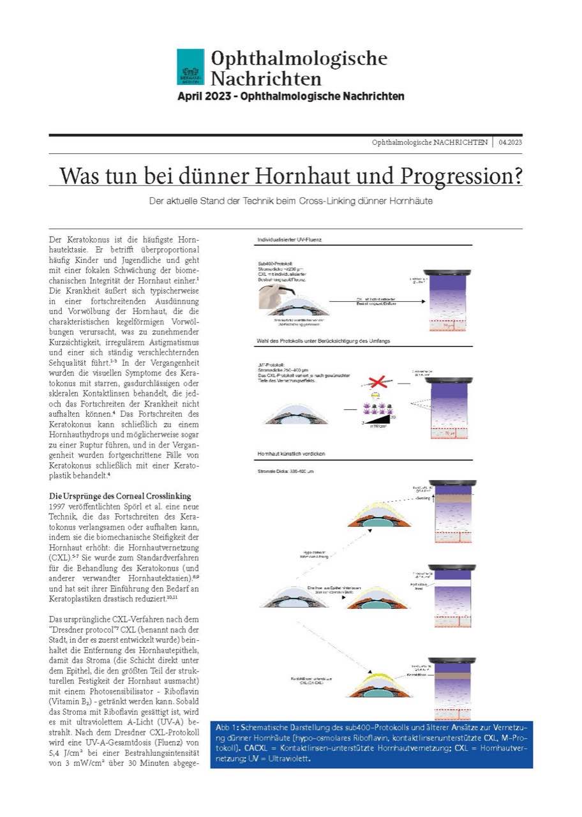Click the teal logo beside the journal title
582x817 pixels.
(x=190, y=67)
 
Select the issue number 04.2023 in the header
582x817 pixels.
(x=511, y=142)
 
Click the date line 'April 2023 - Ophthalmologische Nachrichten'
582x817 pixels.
(x=290, y=96)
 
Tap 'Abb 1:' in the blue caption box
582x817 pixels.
(x=227, y=728)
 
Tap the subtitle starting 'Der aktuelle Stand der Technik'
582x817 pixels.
(x=291, y=201)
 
